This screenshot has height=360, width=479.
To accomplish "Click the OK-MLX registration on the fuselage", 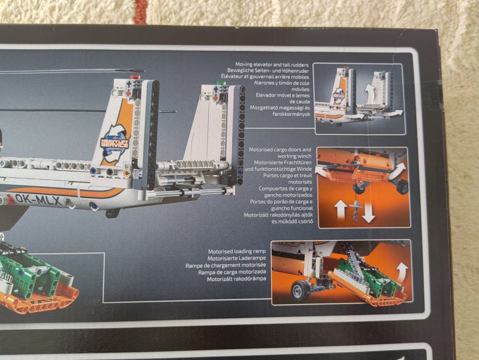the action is coord(38,200).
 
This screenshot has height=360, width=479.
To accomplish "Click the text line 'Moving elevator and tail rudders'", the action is coord(272,65).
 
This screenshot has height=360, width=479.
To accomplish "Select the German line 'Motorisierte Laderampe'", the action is coord(237,258).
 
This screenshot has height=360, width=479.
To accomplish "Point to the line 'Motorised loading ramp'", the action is coord(237,251).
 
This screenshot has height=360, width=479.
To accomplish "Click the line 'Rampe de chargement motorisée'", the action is coord(226,265).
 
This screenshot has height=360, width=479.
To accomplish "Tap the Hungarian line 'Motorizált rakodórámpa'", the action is coord(237,279).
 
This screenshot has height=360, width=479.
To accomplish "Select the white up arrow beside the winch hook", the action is coord(340,210).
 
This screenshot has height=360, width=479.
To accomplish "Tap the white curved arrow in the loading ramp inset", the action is coord(402,271).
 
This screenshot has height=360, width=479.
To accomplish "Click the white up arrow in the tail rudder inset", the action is coord(370,91).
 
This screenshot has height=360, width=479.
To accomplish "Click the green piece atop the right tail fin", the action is coord(221,82).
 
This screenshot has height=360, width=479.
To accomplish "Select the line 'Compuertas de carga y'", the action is coord(285,189).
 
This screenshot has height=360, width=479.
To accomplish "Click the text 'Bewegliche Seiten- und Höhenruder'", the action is coord(268,70).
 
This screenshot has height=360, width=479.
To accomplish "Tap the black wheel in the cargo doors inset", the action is coord(403,186).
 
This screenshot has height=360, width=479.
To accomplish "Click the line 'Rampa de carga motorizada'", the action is coord(232,272).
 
